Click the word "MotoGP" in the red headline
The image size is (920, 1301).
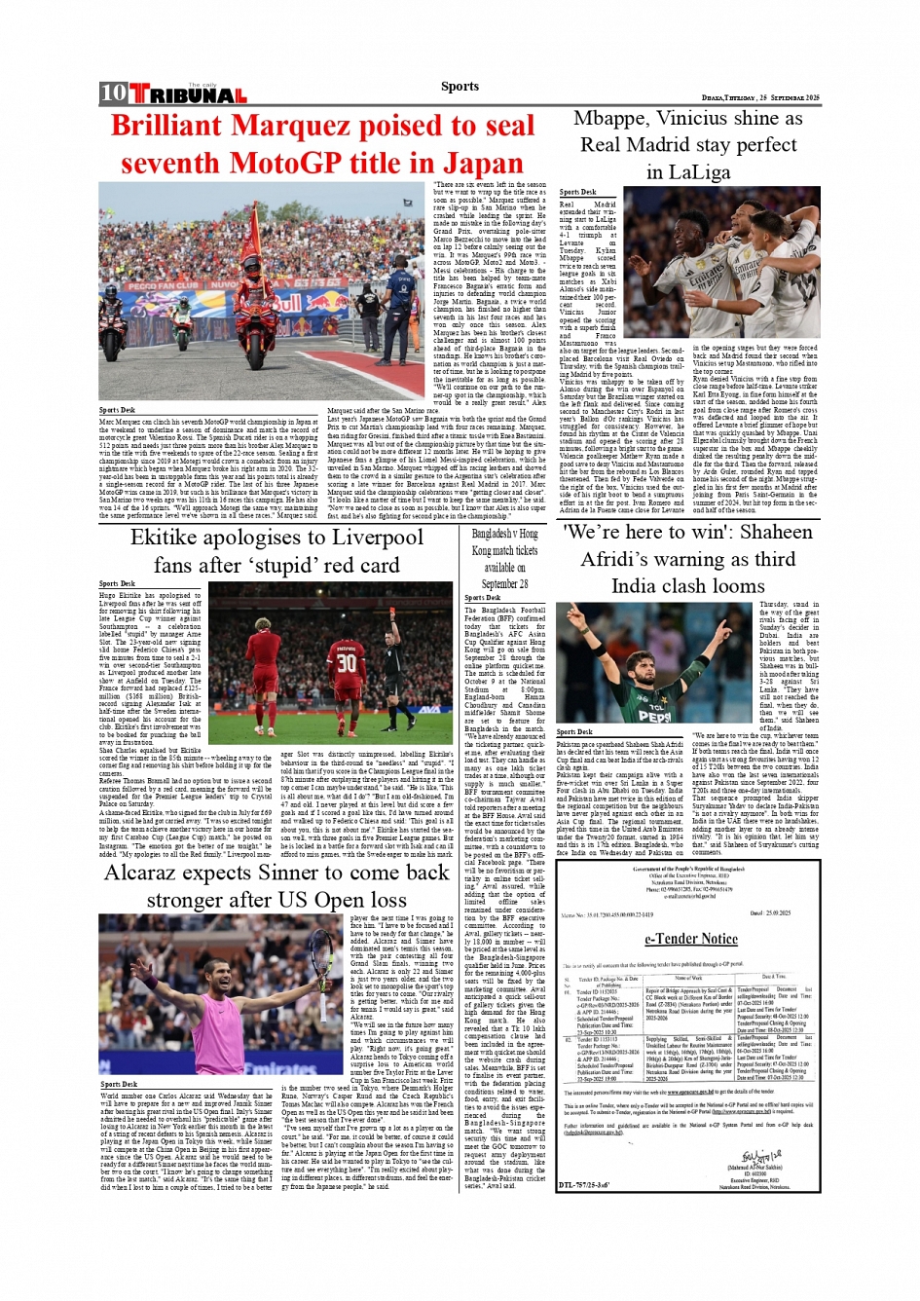point(303,163)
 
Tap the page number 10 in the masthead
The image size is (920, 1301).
point(113,93)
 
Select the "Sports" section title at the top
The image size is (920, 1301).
point(460,86)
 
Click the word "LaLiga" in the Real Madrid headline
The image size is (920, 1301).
point(687,172)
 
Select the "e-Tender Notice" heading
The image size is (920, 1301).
point(690,939)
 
